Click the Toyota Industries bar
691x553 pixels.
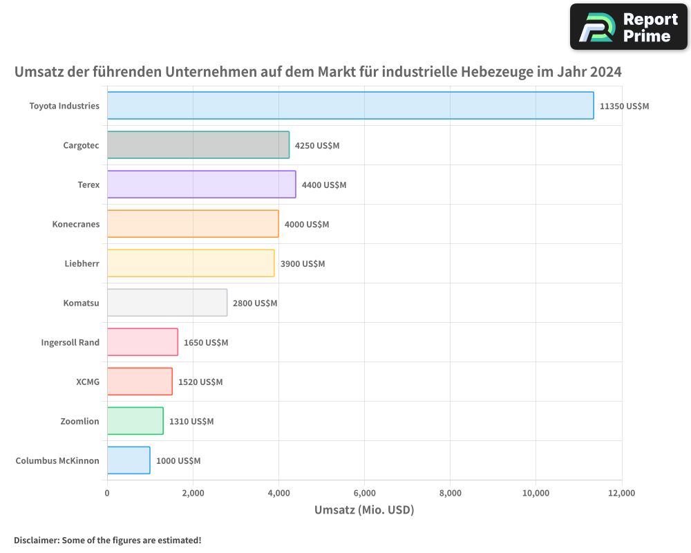350,106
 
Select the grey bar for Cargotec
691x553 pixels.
198,145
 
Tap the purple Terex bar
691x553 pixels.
201,185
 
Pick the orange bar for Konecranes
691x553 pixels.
193,224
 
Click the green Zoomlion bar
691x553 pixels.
135,421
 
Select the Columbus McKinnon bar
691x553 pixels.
129,460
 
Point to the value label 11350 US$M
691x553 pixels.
624,106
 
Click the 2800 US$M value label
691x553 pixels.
255,303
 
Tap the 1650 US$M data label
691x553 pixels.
206,343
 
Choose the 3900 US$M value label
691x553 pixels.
303,264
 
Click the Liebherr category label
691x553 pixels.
82,263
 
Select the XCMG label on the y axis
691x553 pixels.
88,382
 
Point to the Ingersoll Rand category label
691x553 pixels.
70,342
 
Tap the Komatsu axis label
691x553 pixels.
81,303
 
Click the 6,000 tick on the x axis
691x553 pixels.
364,493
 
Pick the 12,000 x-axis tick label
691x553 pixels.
621,493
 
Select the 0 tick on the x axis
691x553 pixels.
107,493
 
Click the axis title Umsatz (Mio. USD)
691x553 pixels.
363,510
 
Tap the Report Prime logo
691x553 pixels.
628,27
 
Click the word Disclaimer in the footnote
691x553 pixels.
36,540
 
